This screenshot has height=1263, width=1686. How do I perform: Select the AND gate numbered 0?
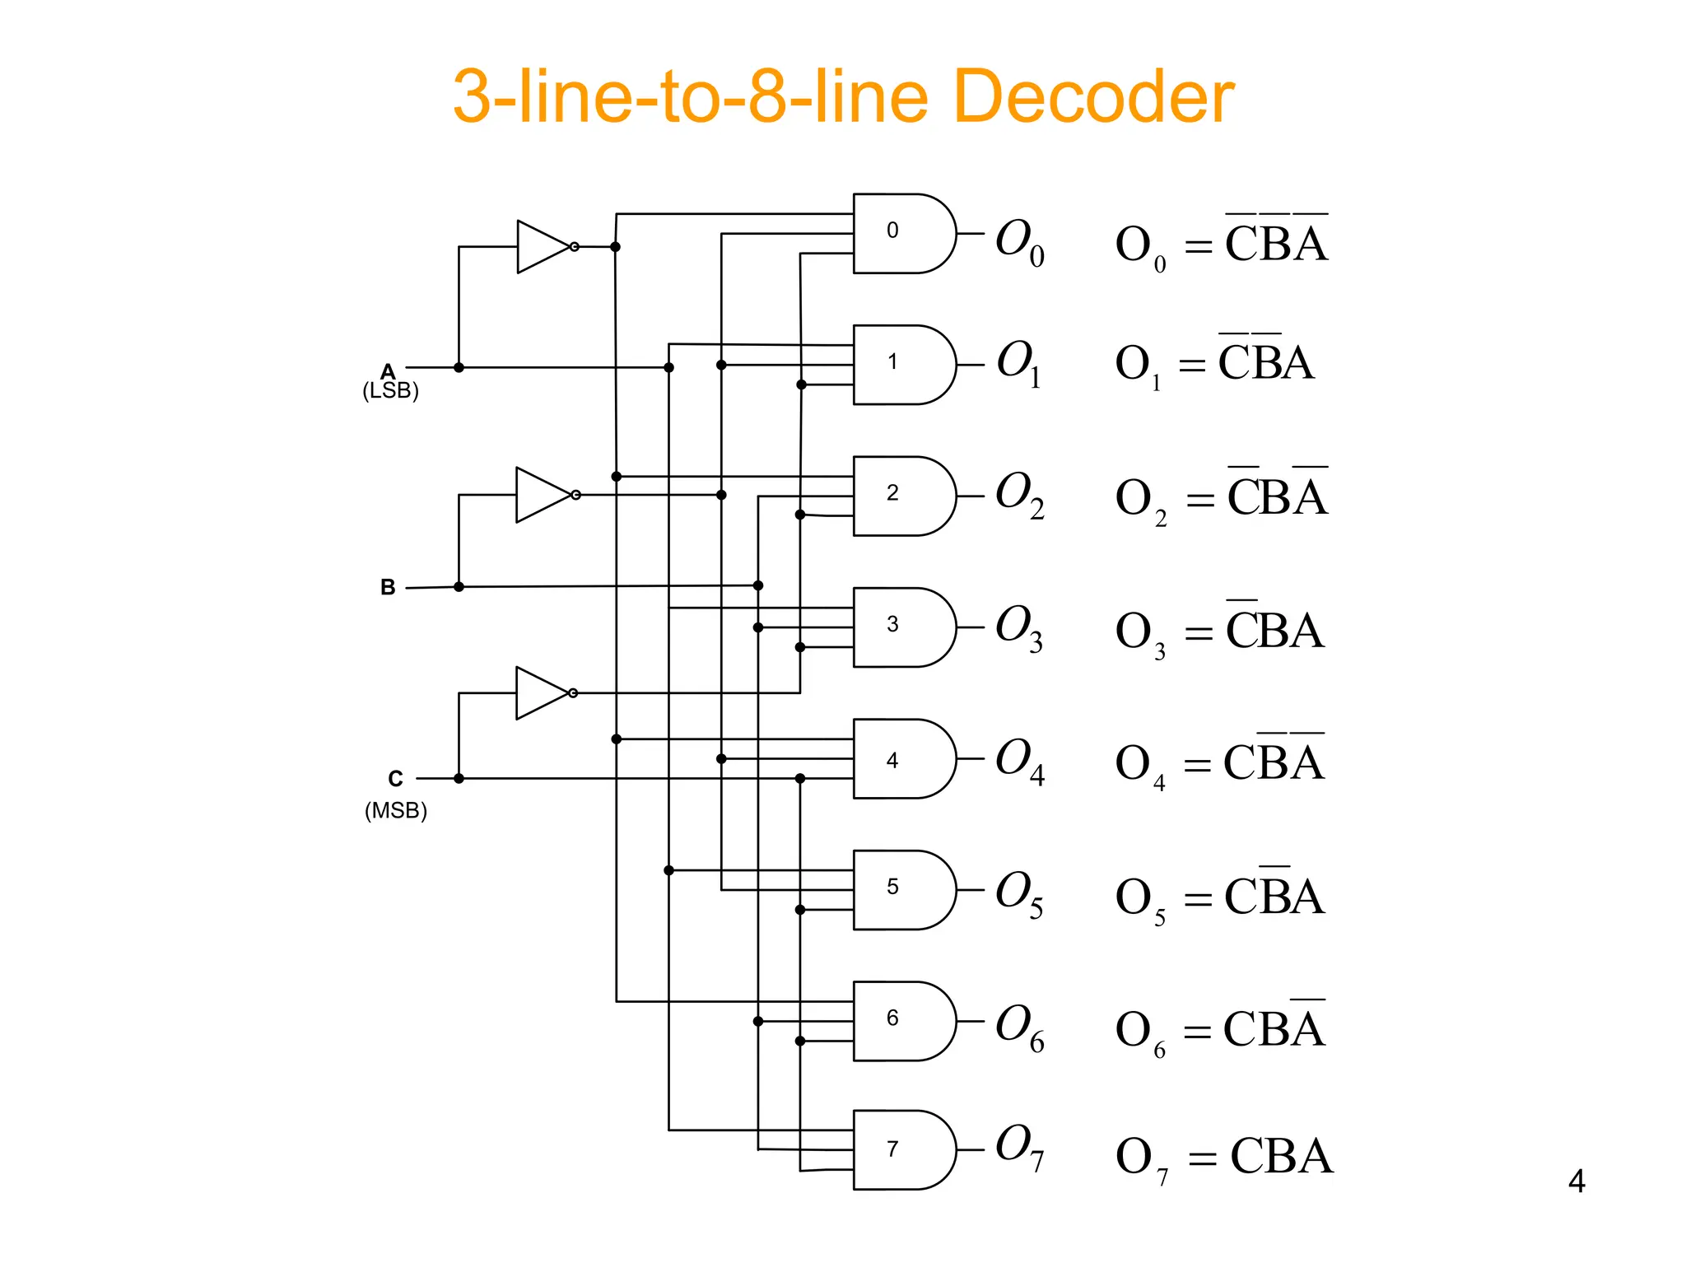coord(901,234)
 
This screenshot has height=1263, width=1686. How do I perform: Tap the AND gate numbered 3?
coord(901,627)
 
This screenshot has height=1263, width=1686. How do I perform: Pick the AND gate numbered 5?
coord(901,890)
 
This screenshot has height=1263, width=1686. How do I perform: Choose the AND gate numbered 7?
coord(901,1150)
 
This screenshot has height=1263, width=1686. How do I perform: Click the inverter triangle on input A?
coord(541,247)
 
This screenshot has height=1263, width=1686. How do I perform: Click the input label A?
coord(388,371)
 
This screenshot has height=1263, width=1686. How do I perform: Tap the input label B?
coord(388,587)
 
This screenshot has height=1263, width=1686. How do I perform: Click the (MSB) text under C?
coord(396,811)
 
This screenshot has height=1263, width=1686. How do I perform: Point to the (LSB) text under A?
coord(391,390)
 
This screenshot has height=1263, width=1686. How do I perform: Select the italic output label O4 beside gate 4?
coord(1019,761)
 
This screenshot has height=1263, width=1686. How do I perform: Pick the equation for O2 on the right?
coord(1221,497)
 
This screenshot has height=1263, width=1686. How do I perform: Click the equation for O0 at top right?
coord(1221,244)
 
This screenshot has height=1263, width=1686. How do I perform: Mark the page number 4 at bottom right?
coord(1576,1181)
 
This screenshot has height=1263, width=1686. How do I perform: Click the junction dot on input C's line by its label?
coord(459,778)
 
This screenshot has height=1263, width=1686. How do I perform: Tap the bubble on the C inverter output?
coord(573,693)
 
